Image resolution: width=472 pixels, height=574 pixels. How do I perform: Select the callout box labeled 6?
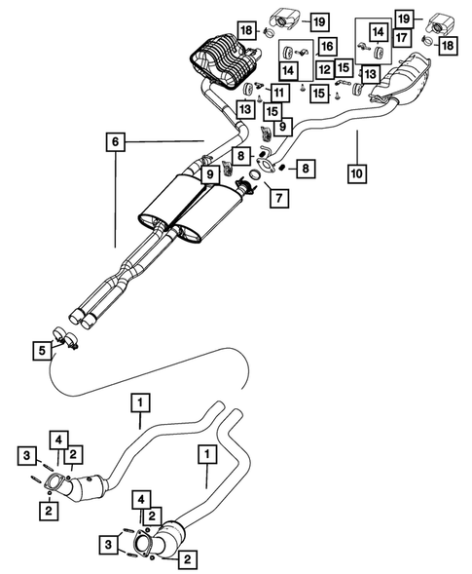coord(116,142)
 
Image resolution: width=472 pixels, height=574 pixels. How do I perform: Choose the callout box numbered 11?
coord(278,93)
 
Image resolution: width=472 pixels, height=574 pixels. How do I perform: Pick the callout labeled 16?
coord(326,46)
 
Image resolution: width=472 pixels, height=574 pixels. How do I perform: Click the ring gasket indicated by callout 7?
coord(252,174)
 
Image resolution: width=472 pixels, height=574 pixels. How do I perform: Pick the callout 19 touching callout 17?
coord(403,17)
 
